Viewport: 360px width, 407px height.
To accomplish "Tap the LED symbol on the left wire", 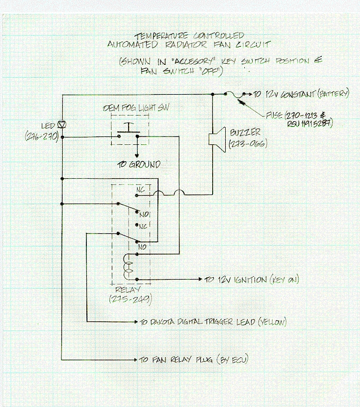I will pos(63,123).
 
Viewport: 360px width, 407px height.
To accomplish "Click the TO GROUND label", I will pos(137,165).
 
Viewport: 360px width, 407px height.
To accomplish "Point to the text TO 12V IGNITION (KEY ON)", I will pos(252,279).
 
